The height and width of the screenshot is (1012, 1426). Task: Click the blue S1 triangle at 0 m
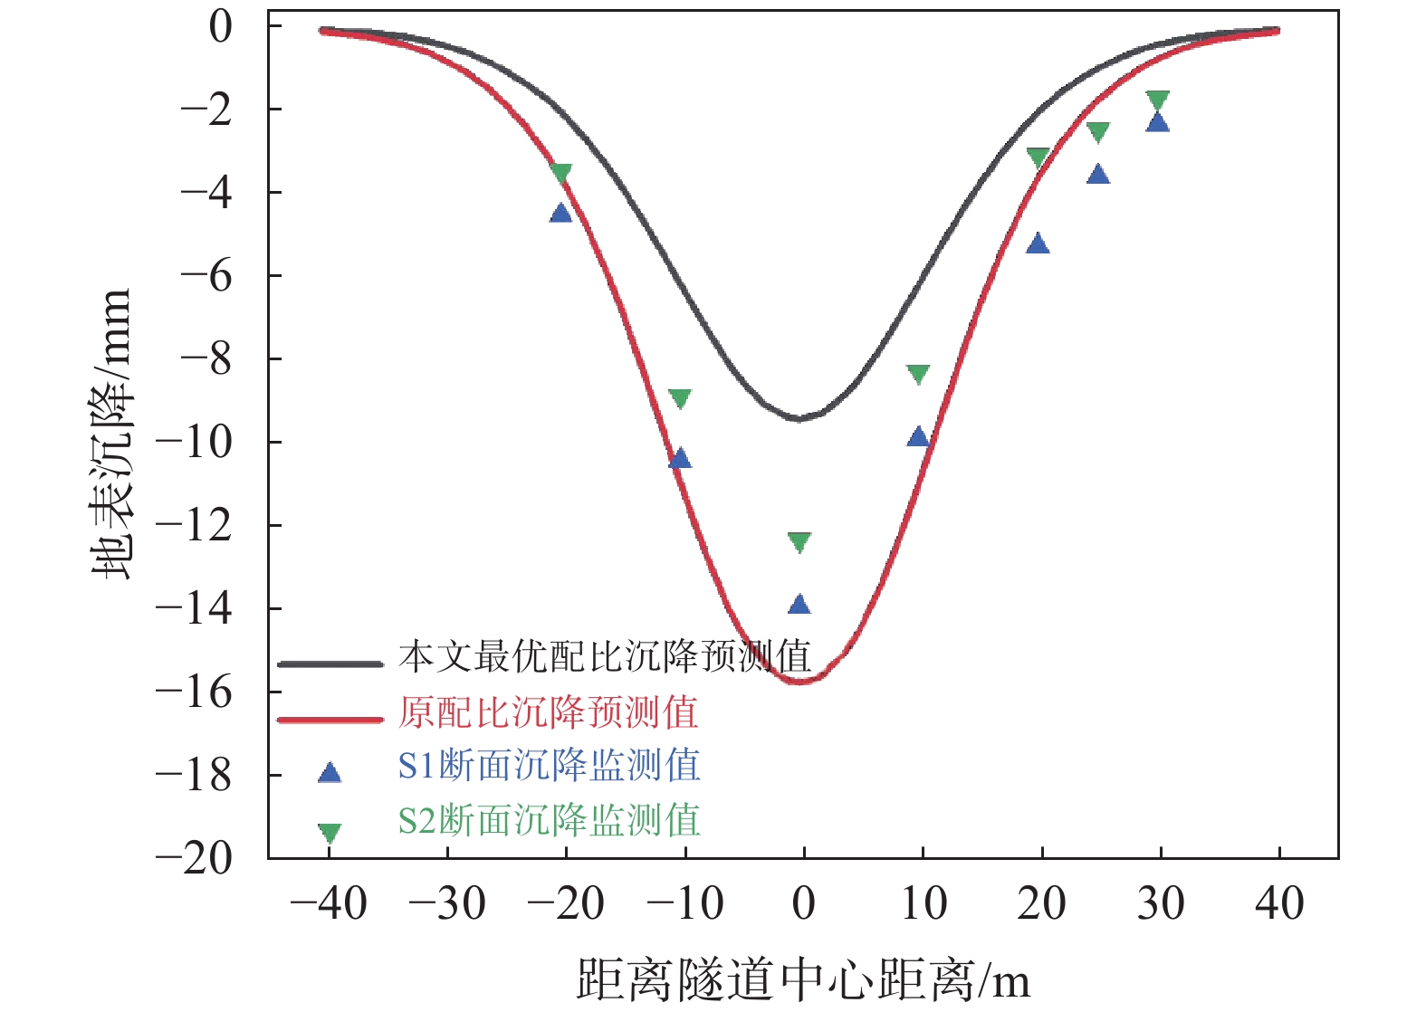click(x=799, y=605)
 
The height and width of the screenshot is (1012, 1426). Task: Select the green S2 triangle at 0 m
click(x=799, y=541)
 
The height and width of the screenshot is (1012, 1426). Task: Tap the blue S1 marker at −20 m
click(x=561, y=214)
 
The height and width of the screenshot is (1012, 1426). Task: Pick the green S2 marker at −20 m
click(x=561, y=173)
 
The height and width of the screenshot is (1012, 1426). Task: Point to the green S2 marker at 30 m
click(x=1157, y=100)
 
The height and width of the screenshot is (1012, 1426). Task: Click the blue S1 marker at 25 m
click(x=1097, y=175)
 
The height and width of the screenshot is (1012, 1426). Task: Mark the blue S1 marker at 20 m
click(x=1038, y=243)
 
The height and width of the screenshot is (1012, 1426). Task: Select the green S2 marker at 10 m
click(x=918, y=374)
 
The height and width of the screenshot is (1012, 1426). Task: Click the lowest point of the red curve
click(x=801, y=681)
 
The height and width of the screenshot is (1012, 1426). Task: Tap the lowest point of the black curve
click(x=799, y=418)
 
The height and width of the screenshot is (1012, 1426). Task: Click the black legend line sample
click(x=330, y=664)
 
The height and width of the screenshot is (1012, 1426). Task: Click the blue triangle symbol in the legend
click(x=330, y=773)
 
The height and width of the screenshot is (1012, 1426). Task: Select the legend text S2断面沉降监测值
click(x=549, y=821)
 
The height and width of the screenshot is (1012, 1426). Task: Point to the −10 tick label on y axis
click(x=194, y=443)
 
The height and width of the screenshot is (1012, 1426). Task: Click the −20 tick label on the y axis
click(x=194, y=858)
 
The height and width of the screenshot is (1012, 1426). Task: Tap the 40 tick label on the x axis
click(x=1278, y=903)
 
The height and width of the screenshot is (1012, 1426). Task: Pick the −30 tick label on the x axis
click(x=447, y=903)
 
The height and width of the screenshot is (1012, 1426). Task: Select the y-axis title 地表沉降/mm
click(x=112, y=434)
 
